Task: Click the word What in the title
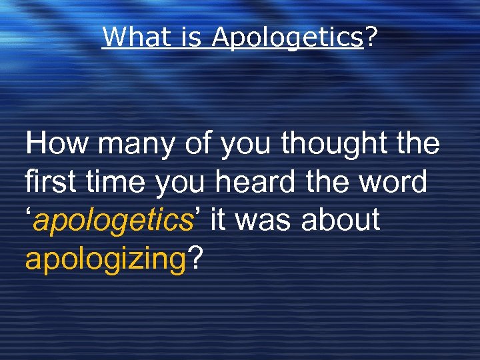[131, 37]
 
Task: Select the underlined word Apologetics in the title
[287, 38]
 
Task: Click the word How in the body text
[54, 143]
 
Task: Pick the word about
[341, 219]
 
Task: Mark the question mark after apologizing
[194, 257]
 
